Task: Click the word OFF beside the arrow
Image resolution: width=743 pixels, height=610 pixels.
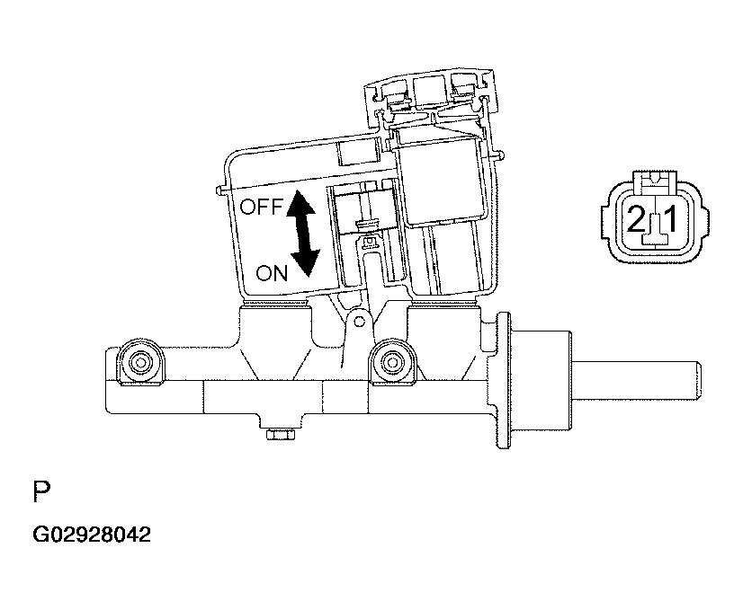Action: click(261, 207)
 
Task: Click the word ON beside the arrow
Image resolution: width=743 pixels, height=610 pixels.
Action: click(272, 273)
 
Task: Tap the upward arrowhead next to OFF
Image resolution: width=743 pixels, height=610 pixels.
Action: click(301, 202)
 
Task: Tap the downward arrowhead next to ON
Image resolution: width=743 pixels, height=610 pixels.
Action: click(305, 262)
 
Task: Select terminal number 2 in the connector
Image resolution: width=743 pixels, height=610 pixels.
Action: click(636, 219)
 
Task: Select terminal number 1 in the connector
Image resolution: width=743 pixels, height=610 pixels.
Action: click(670, 219)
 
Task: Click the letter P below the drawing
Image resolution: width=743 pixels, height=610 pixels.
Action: click(41, 491)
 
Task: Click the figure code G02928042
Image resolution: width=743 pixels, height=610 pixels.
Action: click(92, 535)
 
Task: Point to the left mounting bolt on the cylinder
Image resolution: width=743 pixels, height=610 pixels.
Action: click(140, 363)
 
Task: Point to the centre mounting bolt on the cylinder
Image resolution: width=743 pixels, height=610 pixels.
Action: click(391, 363)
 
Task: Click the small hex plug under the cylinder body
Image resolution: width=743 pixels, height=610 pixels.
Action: click(281, 434)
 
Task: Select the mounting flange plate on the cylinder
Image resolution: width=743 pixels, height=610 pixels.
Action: click(503, 380)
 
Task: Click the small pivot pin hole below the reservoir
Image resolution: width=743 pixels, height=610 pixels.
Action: click(360, 322)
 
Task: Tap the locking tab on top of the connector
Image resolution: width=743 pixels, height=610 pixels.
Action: click(654, 182)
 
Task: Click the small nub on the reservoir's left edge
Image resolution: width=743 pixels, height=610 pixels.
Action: click(219, 190)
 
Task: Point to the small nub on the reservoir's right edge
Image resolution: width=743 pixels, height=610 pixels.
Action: click(500, 155)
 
